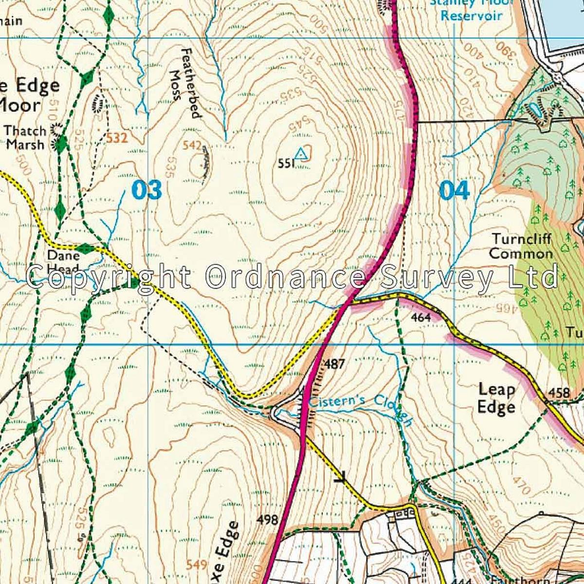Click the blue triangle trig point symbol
302,153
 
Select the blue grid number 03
146,190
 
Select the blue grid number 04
454,190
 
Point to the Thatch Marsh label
25,138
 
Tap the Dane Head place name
63,262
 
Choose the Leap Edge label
496,398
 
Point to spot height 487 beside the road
334,364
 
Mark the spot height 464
420,318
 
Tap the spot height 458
559,393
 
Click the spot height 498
267,520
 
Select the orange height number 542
192,145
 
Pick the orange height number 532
117,139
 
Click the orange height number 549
197,565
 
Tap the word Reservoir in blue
471,16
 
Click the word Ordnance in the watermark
286,277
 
